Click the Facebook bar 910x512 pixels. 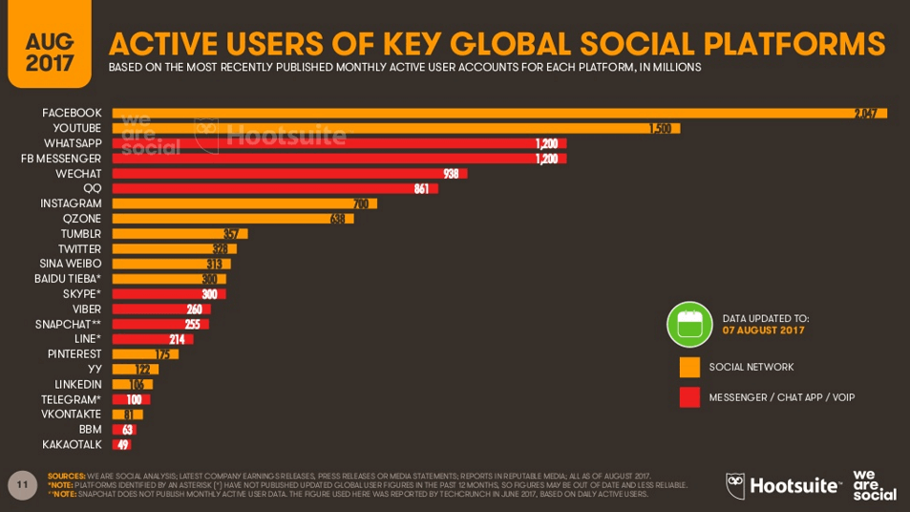pos(497,113)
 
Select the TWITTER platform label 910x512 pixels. pos(79,248)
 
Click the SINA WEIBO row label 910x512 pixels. pos(70,264)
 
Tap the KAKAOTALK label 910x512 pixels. pos(72,444)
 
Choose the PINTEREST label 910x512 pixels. pos(74,353)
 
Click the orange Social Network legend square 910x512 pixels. pos(689,367)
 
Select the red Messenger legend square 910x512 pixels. pos(689,397)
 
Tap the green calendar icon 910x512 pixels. pos(689,324)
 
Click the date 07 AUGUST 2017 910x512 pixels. pos(763,331)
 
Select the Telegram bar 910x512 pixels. pos(131,399)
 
